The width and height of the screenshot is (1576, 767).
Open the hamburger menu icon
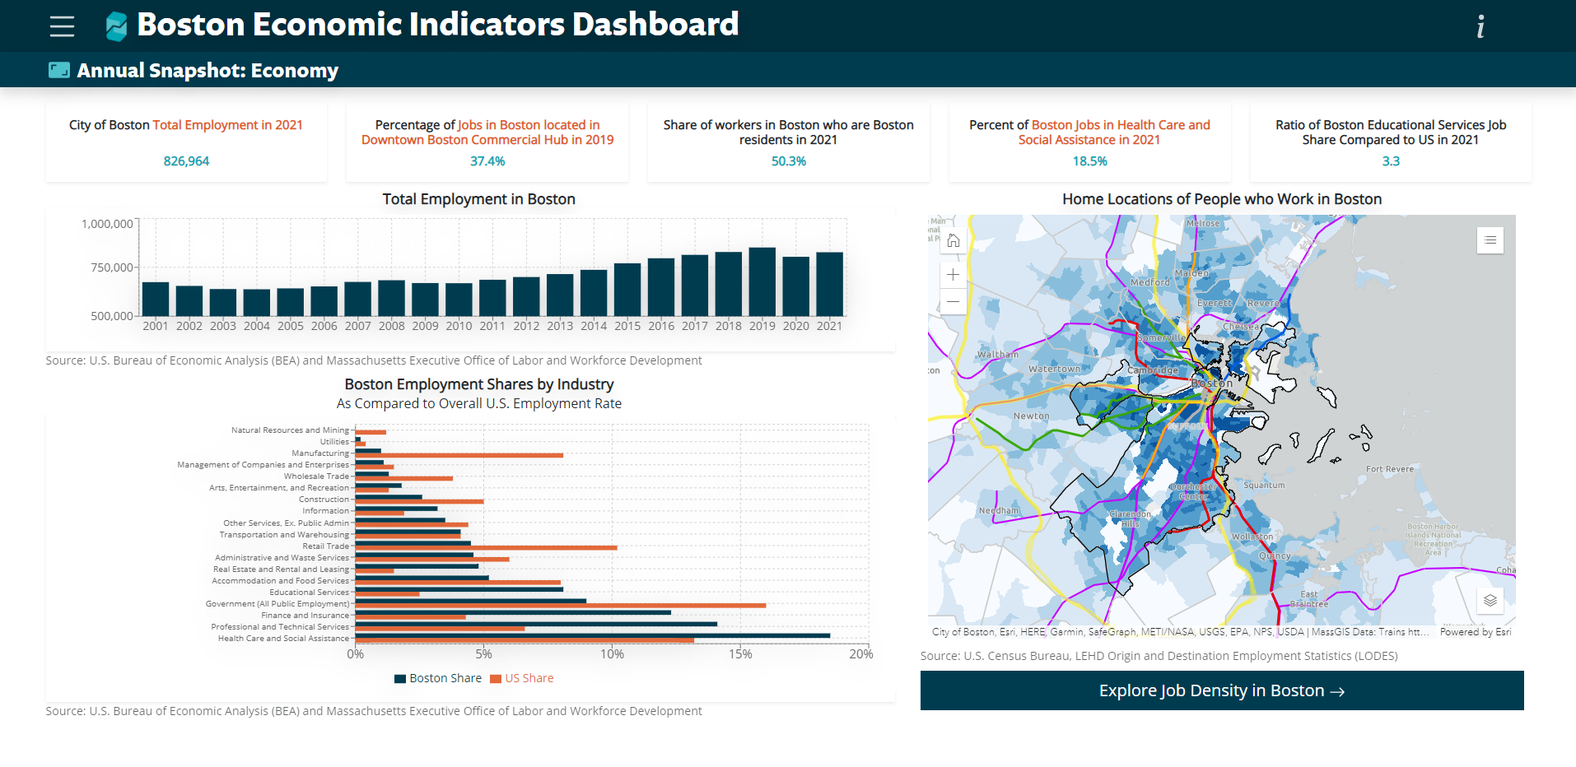(x=62, y=26)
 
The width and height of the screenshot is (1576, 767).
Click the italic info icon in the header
(x=1480, y=27)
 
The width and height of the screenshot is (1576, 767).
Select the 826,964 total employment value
(x=186, y=161)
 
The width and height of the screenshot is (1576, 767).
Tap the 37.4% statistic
(x=487, y=161)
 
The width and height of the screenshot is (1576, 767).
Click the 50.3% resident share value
(x=788, y=161)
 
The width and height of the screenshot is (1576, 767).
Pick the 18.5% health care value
(x=1089, y=161)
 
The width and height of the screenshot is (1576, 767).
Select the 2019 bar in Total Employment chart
(x=762, y=281)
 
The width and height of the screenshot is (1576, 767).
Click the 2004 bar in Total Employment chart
(x=257, y=302)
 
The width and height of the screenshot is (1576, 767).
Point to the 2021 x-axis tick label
(x=829, y=326)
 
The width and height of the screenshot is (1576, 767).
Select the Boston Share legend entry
(x=438, y=678)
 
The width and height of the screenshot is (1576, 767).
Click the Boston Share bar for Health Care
(x=592, y=635)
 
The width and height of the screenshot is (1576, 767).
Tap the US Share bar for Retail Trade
(x=486, y=547)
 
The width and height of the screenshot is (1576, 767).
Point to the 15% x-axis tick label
(x=739, y=654)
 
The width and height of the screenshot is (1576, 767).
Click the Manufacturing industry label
(x=320, y=453)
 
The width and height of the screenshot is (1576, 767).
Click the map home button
(x=954, y=241)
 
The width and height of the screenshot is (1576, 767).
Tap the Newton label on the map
(x=1031, y=416)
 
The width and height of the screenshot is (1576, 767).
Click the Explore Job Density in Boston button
(x=1221, y=690)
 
